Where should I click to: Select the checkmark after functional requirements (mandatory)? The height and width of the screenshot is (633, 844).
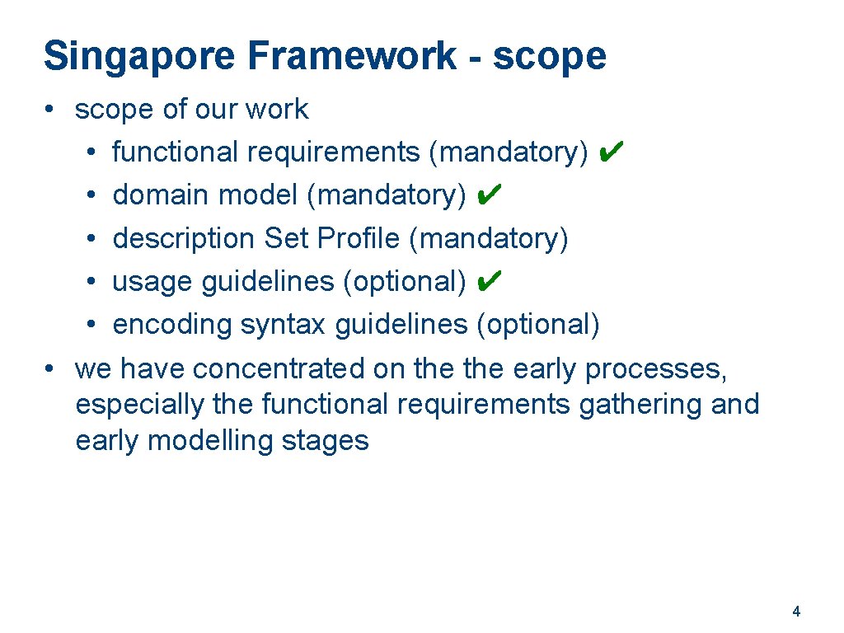(x=612, y=151)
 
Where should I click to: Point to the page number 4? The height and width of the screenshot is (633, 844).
(x=795, y=612)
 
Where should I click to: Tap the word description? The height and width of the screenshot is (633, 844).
(x=184, y=239)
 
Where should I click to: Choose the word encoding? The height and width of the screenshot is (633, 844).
(x=173, y=326)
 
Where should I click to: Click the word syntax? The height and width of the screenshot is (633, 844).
(x=284, y=326)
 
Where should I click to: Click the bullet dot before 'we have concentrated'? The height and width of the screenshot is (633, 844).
(x=50, y=368)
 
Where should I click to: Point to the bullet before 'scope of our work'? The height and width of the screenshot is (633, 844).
(x=50, y=109)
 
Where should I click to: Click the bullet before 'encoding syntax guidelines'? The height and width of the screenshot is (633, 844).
(x=95, y=325)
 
